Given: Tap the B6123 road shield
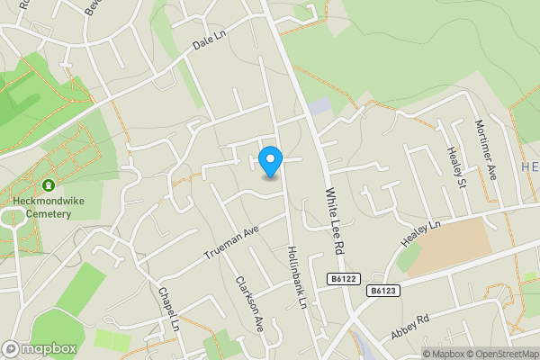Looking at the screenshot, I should coord(382,291).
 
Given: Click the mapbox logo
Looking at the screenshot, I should coord(40,348).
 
